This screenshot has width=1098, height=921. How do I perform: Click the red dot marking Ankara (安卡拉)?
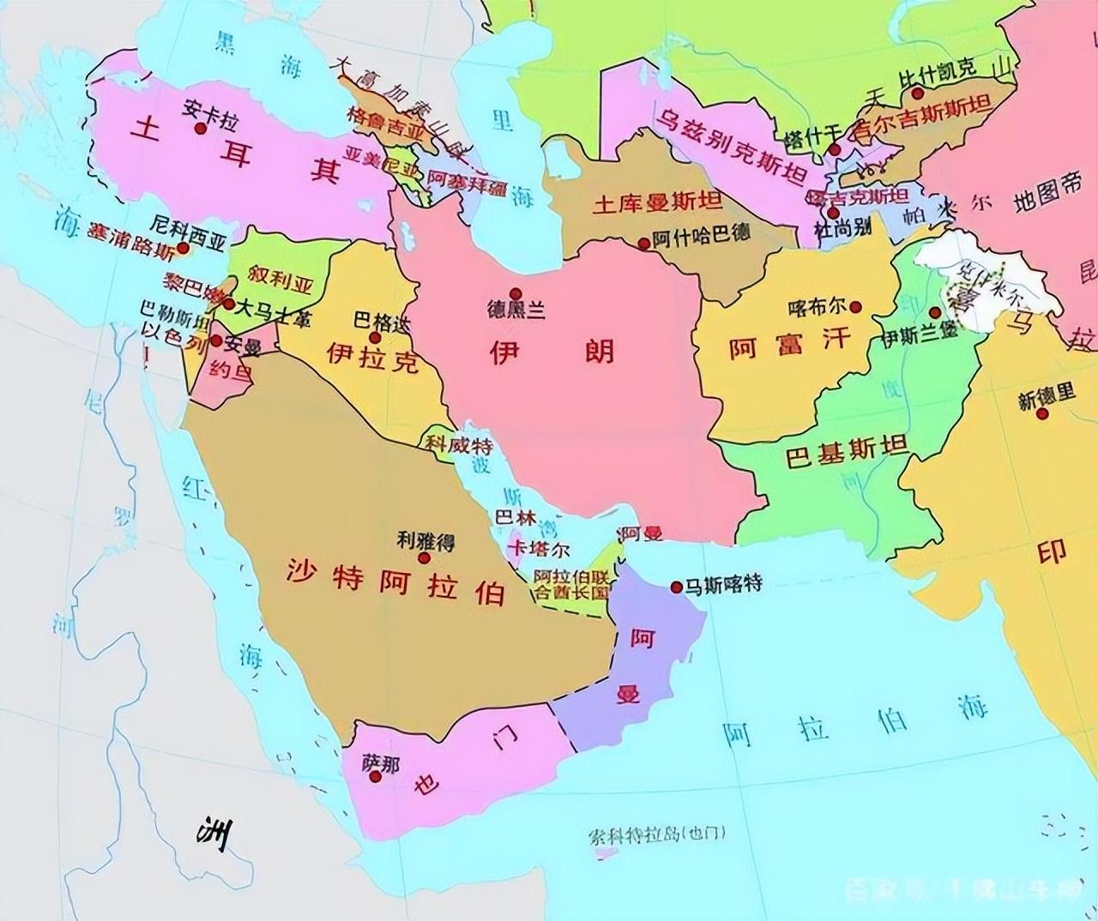point(201,128)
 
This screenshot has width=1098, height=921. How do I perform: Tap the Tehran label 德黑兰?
point(516,310)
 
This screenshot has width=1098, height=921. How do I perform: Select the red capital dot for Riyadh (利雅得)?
point(424,557)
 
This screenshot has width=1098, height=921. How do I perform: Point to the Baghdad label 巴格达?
point(383,322)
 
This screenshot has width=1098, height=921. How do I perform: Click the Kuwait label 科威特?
point(457,443)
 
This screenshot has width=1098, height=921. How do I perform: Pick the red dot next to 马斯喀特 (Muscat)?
point(677,587)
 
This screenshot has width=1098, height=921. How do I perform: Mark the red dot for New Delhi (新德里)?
point(1042,414)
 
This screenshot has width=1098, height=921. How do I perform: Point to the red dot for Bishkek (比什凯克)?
point(918,93)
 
